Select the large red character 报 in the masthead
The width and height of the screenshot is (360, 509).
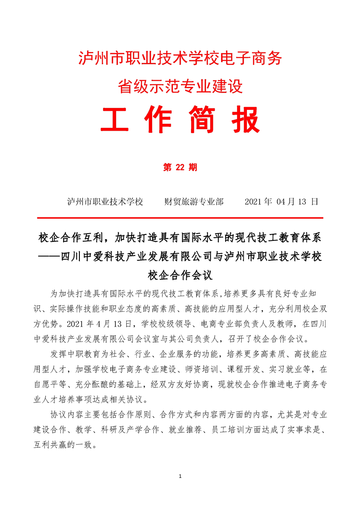click(x=244, y=120)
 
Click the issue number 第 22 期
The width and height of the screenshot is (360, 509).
click(x=180, y=167)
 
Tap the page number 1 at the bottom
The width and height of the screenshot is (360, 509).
click(x=180, y=476)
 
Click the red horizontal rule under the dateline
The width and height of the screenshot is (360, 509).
click(x=180, y=218)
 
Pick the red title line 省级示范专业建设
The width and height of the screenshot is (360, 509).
click(x=180, y=85)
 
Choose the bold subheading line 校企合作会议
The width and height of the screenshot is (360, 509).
click(x=180, y=274)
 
